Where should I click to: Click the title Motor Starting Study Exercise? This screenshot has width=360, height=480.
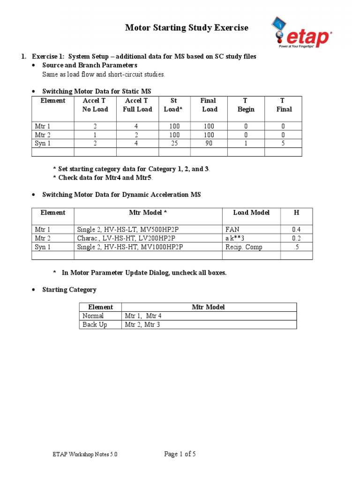tap(187, 28)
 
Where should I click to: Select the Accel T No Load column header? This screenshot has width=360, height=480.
tap(95, 105)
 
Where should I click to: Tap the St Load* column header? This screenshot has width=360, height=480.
tap(174, 105)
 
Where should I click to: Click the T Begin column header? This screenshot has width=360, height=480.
tap(246, 105)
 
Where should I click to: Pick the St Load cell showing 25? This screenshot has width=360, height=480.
tap(174, 143)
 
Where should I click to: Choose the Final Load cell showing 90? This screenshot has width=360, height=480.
tap(209, 143)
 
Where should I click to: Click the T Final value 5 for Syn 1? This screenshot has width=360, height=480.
tap(283, 143)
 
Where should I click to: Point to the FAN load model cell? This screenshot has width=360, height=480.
tap(232, 230)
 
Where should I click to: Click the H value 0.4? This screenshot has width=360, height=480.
tap(296, 230)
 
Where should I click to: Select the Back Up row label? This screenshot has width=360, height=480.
tap(95, 324)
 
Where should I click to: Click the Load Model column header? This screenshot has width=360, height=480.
tap(251, 212)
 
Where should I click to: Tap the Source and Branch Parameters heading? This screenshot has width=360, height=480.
tap(90, 65)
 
